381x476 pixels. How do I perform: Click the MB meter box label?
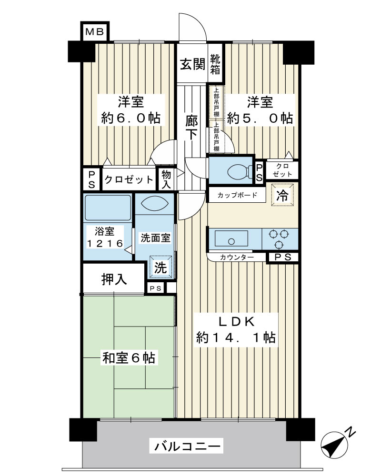point(94,31)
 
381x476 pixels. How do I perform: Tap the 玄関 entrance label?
point(192,64)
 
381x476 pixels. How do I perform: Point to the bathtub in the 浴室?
point(108,208)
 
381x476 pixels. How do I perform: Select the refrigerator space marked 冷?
point(282,195)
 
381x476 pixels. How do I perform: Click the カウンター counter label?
point(237,258)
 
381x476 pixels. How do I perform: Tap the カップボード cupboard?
point(237,195)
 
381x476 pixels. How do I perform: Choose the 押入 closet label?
point(114,279)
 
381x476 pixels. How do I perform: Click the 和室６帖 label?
point(129,358)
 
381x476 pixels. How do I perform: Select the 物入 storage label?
point(166,179)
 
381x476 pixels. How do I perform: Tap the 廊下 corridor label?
point(192,128)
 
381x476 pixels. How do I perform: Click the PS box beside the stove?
point(282,258)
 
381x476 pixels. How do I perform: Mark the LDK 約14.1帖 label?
point(236,329)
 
